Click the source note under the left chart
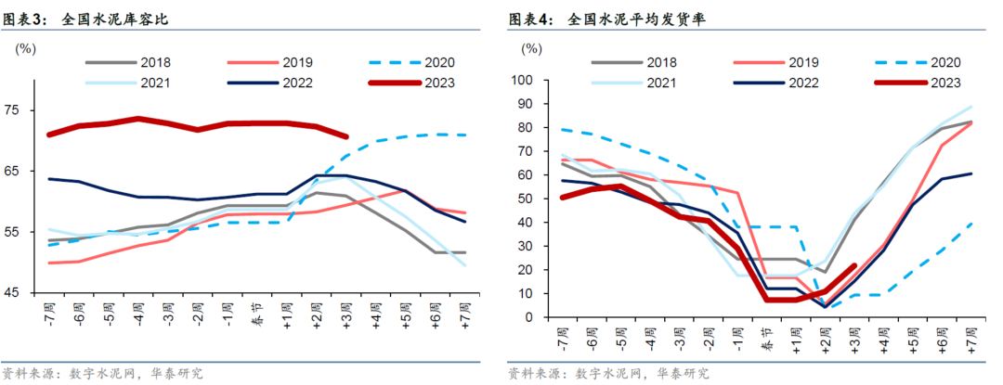click(x=103, y=374)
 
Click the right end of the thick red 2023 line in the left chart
click(x=345, y=136)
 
